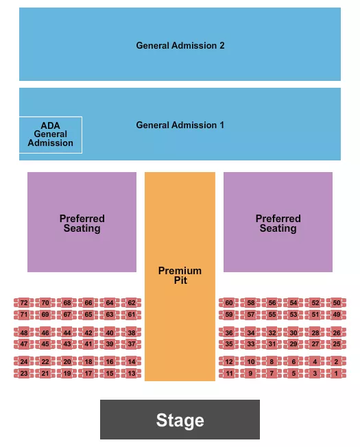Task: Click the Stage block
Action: click(x=180, y=420)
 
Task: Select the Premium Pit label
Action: click(x=180, y=276)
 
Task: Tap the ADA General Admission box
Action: click(x=51, y=134)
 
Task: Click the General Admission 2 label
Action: click(x=180, y=45)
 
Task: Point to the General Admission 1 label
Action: click(x=180, y=125)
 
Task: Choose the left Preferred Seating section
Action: click(x=82, y=223)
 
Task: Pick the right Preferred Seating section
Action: click(x=278, y=223)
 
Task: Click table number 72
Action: click(x=24, y=302)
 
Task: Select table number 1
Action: click(x=336, y=374)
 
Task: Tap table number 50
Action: click(x=336, y=302)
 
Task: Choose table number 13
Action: click(x=131, y=374)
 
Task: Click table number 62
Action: click(x=131, y=302)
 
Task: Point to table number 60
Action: click(x=229, y=302)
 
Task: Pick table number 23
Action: click(x=24, y=374)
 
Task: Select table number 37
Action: click(x=131, y=344)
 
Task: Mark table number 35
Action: click(x=229, y=344)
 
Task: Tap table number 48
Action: click(x=24, y=333)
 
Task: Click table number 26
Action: click(x=336, y=333)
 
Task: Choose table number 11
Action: click(x=229, y=374)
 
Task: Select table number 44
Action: click(x=67, y=333)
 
